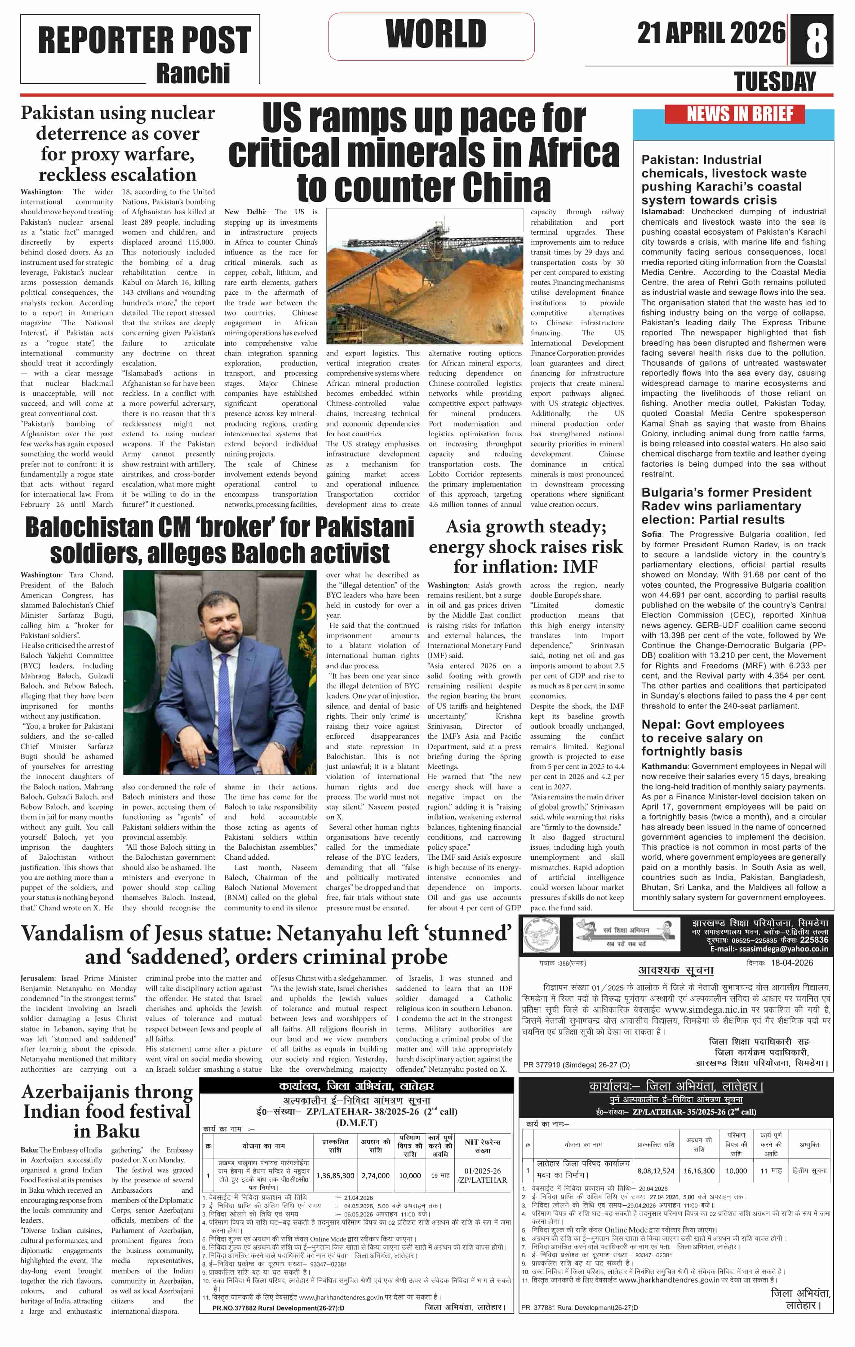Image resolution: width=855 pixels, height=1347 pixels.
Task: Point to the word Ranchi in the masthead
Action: point(193,73)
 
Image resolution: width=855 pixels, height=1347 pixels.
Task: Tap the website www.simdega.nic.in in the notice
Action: point(706,1009)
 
